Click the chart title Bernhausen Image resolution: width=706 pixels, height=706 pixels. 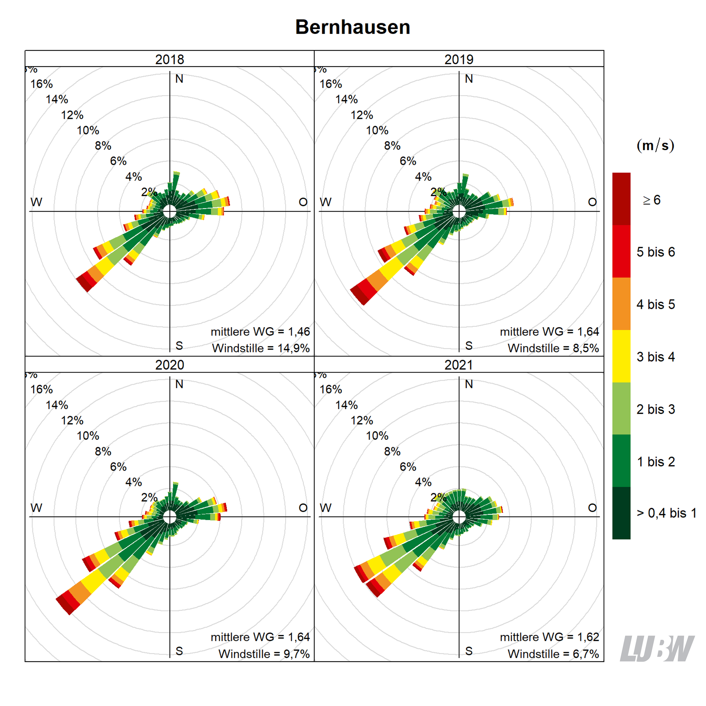(x=353, y=27)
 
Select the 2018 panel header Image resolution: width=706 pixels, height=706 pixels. (x=169, y=59)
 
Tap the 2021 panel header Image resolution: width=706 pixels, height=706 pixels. (x=459, y=365)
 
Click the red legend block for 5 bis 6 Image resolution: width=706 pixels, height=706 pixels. (x=621, y=251)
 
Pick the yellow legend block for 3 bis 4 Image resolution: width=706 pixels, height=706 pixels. (x=621, y=356)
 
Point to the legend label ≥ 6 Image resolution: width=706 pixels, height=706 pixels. (x=652, y=200)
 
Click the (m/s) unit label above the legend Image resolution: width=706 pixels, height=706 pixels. (x=655, y=146)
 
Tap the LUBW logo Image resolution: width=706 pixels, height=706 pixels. (x=657, y=649)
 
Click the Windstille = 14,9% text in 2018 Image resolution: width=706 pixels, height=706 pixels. (x=261, y=348)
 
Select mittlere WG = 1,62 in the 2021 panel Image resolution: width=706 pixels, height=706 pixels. (x=549, y=637)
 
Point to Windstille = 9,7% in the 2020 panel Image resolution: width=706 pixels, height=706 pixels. (x=264, y=654)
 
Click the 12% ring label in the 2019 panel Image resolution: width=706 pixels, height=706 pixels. (x=362, y=115)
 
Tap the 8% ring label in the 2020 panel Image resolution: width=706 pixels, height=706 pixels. (x=103, y=451)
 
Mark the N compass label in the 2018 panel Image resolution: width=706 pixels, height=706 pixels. (x=179, y=79)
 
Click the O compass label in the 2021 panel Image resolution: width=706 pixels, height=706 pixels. (x=592, y=508)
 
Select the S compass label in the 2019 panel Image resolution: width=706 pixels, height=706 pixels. (x=469, y=345)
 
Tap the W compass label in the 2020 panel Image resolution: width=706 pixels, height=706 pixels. (x=36, y=508)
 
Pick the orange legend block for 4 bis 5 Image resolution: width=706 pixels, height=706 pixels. (x=621, y=304)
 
